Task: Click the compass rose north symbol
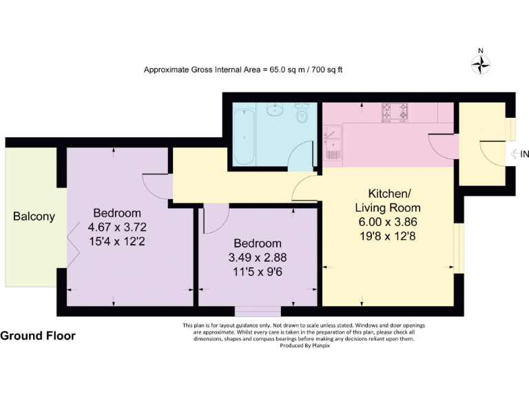480,63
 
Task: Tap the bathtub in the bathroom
244,135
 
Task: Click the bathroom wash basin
277,110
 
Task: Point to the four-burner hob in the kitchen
395,110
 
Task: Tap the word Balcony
34,216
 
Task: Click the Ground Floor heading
38,336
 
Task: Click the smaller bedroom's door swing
216,218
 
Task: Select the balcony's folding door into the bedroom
71,245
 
